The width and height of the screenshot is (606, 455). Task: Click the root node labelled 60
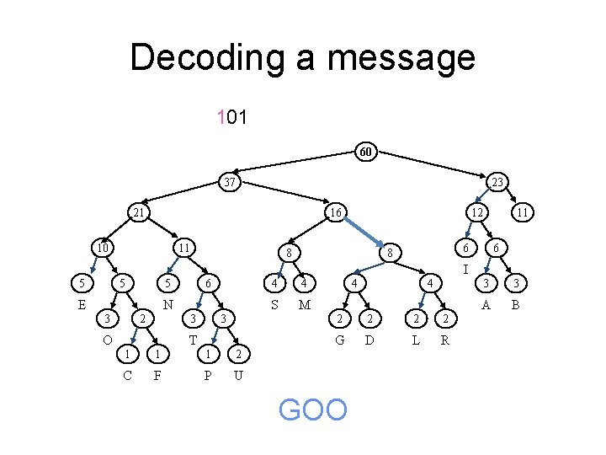point(364,153)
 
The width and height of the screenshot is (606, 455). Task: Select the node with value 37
point(228,182)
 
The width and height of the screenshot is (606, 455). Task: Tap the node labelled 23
point(497,182)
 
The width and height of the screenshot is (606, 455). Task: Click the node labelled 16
point(335,213)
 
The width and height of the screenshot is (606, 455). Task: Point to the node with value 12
point(476,213)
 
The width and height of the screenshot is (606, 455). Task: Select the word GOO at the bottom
point(312,410)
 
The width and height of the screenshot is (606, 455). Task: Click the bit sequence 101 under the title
point(231,117)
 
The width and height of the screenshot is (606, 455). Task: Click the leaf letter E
point(82,304)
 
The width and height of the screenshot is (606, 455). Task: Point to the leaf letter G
point(339,340)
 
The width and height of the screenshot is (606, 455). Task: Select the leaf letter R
point(445,340)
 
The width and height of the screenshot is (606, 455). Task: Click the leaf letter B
point(517,304)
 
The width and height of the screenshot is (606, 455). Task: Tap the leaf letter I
point(465,270)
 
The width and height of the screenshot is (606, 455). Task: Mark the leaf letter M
point(305,304)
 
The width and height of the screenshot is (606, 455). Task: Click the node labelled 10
point(100,248)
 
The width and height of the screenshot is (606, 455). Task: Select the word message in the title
point(402,57)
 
